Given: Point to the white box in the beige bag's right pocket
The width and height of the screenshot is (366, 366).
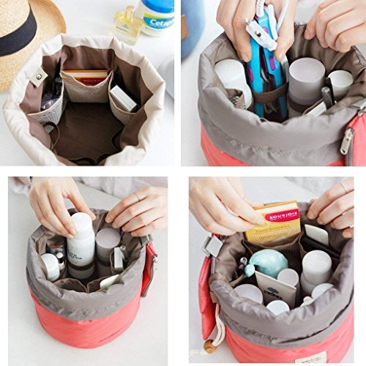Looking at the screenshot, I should tap(123, 98).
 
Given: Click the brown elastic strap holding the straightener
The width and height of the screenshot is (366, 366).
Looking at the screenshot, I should tap(271, 93).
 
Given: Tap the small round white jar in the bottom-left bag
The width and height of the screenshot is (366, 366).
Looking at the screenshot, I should tap(51, 266).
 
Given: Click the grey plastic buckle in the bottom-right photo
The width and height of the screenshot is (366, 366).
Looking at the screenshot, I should tap(214, 246).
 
